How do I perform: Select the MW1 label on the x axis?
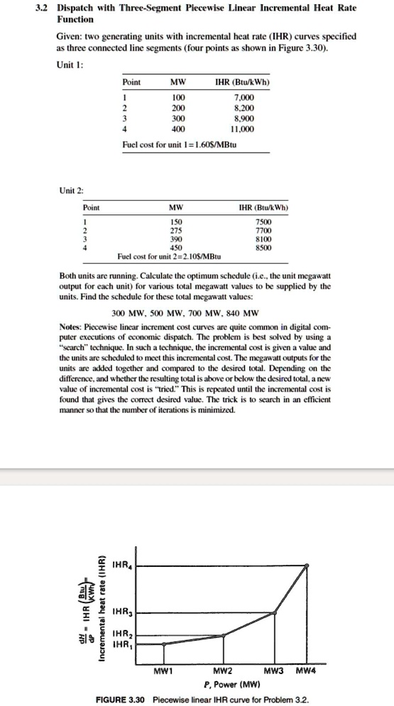click(x=164, y=670)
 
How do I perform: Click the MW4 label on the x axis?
click(x=307, y=670)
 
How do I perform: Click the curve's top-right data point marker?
click(x=307, y=566)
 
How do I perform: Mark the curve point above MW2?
click(x=224, y=636)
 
